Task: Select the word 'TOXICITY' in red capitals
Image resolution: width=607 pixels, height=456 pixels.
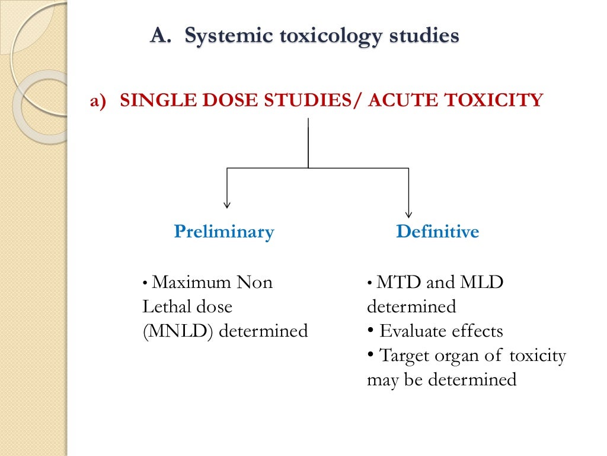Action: (x=491, y=100)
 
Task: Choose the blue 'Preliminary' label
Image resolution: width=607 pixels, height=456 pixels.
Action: (x=224, y=232)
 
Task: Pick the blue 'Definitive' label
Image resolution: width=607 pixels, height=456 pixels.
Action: (x=437, y=232)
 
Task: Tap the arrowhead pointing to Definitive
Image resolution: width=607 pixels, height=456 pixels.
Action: (x=408, y=213)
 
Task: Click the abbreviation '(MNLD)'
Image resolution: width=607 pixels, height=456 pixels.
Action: (x=178, y=331)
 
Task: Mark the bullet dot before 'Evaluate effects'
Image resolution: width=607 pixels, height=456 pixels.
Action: (x=371, y=330)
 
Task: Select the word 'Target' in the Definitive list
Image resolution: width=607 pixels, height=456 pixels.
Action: (x=404, y=356)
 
